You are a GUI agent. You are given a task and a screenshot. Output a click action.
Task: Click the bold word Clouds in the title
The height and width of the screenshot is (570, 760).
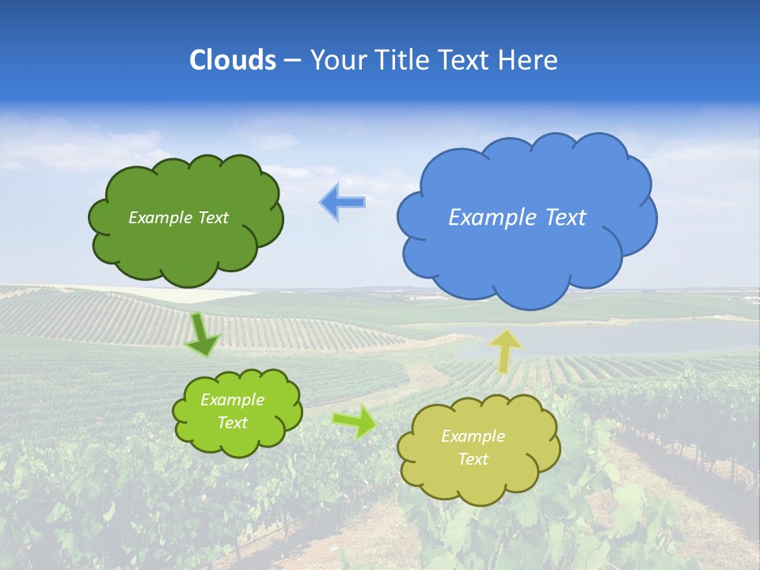(232, 60)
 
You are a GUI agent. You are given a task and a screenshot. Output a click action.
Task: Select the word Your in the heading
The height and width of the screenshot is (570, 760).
(337, 60)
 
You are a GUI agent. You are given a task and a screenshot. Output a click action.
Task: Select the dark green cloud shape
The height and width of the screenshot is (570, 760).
(186, 249)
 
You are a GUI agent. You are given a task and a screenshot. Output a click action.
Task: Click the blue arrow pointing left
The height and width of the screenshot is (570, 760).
(343, 203)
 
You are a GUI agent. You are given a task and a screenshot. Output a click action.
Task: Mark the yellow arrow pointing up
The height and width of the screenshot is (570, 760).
(506, 350)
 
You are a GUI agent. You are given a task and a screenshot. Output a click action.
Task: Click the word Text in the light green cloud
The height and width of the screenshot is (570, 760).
(232, 423)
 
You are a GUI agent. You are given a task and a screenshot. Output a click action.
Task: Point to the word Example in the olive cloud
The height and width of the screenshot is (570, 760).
(473, 436)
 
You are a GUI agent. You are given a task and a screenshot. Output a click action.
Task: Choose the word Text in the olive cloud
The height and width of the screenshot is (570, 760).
(473, 459)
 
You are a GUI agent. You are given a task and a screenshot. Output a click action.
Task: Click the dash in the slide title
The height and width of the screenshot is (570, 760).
(292, 60)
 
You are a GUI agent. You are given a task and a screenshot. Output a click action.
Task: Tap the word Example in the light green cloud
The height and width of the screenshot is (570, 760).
(232, 400)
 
